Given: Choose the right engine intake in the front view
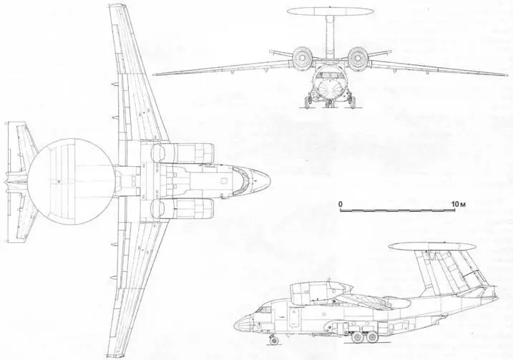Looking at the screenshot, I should [x=357, y=58].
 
